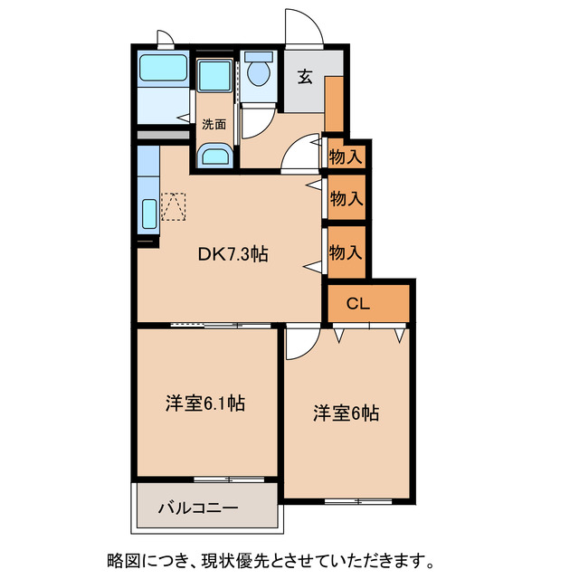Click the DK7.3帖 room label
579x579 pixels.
[x=233, y=255]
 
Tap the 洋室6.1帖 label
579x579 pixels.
[x=205, y=403]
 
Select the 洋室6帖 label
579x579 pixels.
[x=346, y=413]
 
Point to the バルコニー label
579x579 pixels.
[x=200, y=508]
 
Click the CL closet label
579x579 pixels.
[x=357, y=305]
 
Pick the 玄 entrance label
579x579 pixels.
[x=305, y=77]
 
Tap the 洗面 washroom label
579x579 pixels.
[x=214, y=125]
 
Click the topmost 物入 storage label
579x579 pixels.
[x=346, y=157]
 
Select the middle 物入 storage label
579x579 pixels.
[x=346, y=199]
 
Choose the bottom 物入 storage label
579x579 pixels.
[x=346, y=252]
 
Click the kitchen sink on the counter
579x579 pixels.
[x=148, y=215]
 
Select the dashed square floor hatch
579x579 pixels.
[x=172, y=206]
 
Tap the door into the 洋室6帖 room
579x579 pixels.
[x=300, y=341]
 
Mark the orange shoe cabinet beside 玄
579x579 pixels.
[x=334, y=104]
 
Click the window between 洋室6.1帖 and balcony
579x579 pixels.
[x=232, y=478]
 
